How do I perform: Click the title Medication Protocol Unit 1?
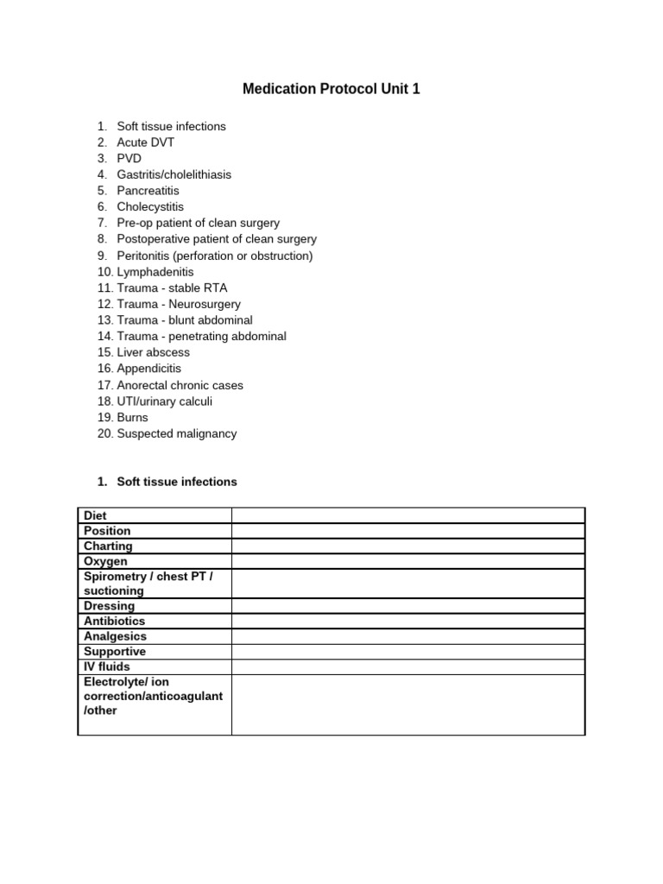(331, 89)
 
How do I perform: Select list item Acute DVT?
(145, 142)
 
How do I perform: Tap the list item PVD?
(129, 159)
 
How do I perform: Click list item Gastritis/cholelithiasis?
(174, 174)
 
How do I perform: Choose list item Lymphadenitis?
(155, 272)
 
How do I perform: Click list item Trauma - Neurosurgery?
(179, 304)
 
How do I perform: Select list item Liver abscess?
(153, 352)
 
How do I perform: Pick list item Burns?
(132, 417)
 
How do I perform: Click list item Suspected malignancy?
(176, 433)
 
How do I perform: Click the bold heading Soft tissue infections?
(176, 482)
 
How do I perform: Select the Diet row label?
(95, 515)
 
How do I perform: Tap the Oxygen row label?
(105, 562)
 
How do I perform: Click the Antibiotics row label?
(114, 621)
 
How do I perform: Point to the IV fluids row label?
(107, 667)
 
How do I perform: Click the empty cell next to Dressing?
(407, 606)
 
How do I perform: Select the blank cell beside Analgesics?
(407, 637)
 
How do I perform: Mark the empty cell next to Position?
(407, 531)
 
